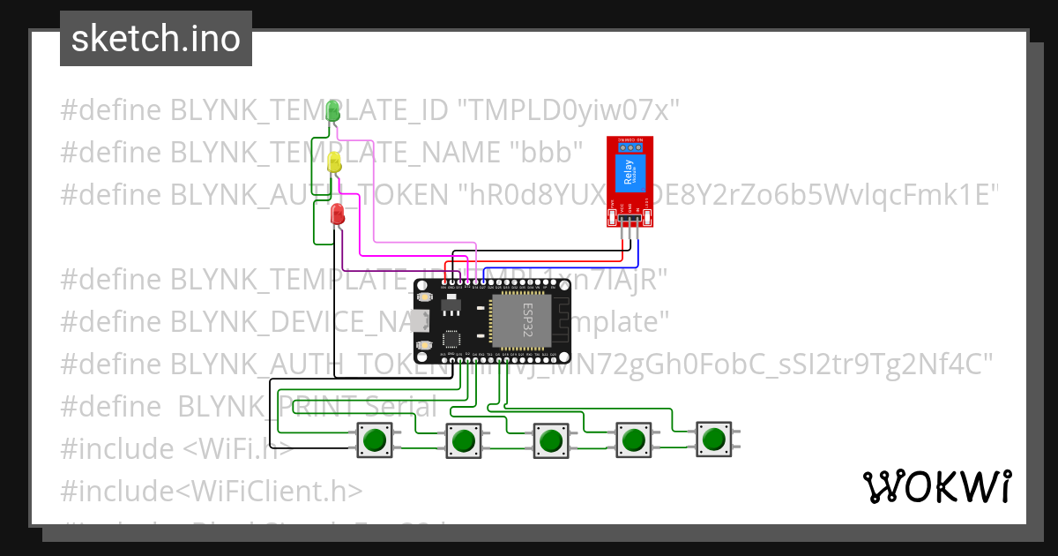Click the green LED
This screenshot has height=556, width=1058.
coord(333,111)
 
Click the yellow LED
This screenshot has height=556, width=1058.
coord(334,162)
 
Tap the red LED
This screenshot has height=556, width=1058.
coord(337,214)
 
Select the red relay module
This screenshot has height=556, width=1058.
coord(630,182)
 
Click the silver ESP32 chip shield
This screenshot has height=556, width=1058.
coord(520,319)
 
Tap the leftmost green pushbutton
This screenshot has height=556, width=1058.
coord(376,440)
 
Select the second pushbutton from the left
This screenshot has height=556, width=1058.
coord(464,440)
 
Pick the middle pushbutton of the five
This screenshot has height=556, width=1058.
coord(549,440)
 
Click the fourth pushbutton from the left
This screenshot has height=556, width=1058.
coord(632,440)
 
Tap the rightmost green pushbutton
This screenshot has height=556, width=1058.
coord(713,439)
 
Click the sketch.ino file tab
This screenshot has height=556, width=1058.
coord(156,39)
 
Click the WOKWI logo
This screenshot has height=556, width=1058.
coord(936,486)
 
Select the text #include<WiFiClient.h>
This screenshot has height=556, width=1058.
coord(211,491)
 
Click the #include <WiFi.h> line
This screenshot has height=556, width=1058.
coord(176,448)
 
